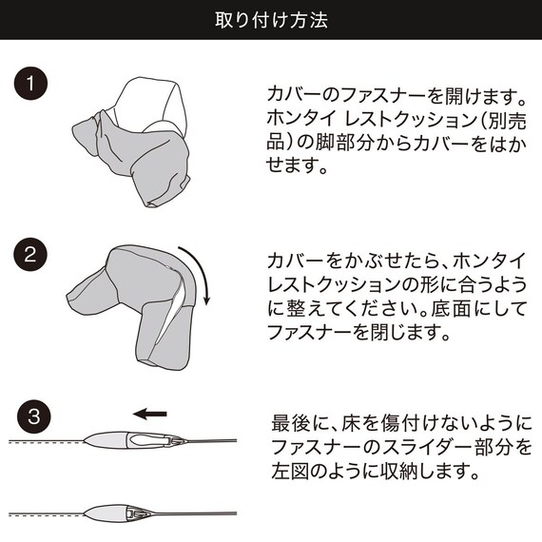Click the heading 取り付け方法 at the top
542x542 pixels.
pyautogui.click(x=271, y=20)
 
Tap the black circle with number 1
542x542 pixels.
pyautogui.click(x=30, y=83)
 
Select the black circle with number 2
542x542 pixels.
pyautogui.click(x=30, y=255)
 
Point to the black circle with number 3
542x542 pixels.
pyautogui.click(x=30, y=416)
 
